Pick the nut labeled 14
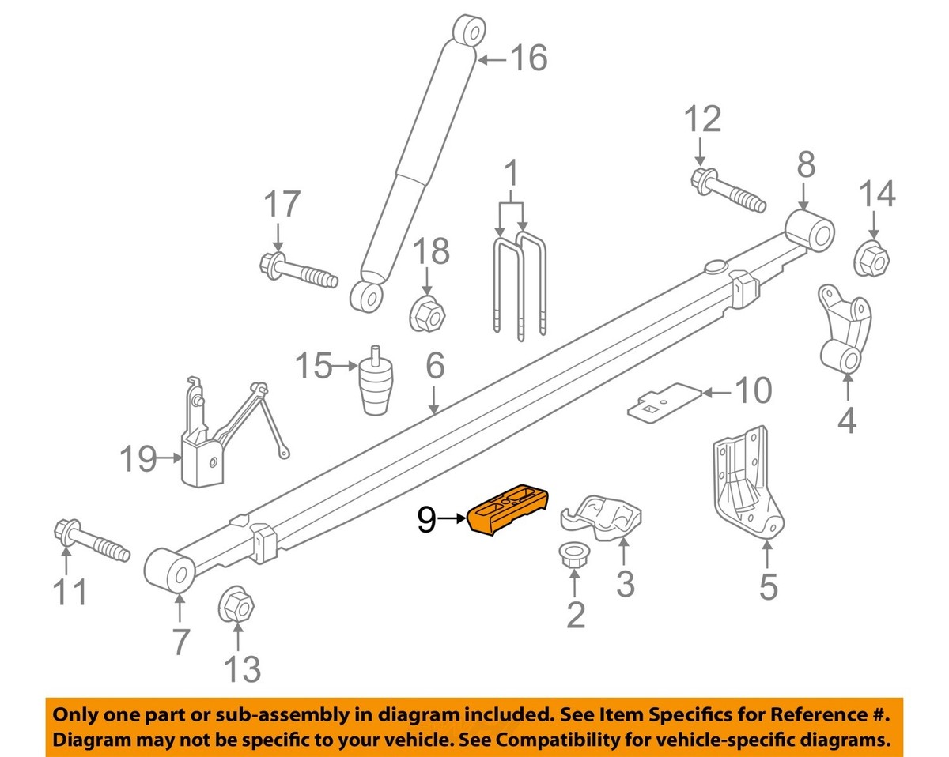[873, 258]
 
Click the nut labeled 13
[236, 606]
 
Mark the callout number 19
[138, 458]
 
